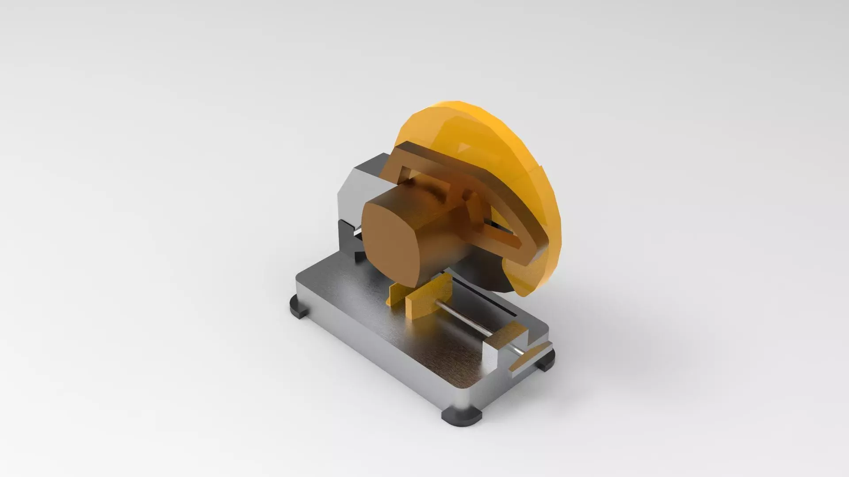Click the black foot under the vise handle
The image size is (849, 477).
545,360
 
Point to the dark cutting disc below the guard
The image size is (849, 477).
482,270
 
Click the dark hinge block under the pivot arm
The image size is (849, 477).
347,239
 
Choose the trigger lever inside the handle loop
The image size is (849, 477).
475,208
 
